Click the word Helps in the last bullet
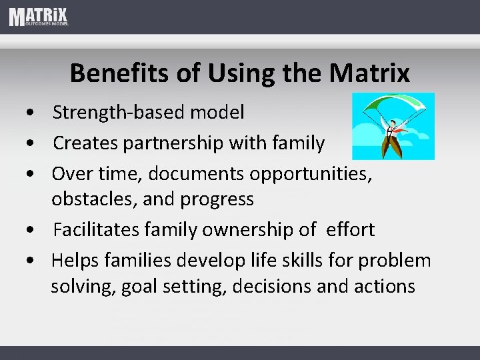click(75, 260)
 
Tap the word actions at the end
click(384, 287)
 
